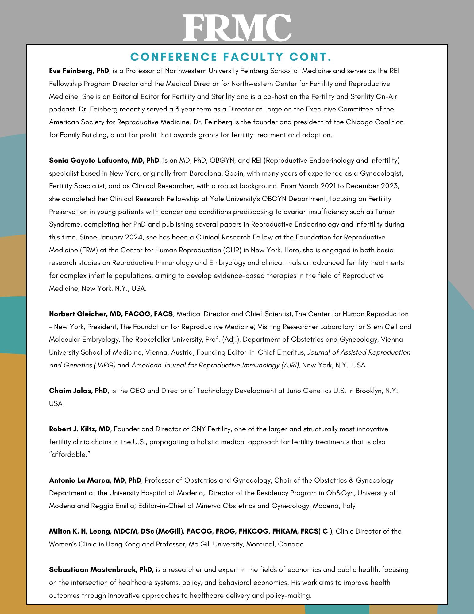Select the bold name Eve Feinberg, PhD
click(x=79, y=71)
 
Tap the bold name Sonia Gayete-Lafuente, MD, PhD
click(x=104, y=160)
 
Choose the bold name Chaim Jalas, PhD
click(x=78, y=391)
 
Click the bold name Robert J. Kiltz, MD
click(x=79, y=429)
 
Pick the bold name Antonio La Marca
click(x=95, y=480)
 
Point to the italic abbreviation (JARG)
click(x=104, y=365)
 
